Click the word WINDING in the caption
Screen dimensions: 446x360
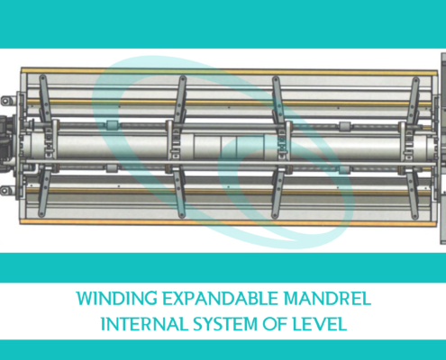tap(117, 299)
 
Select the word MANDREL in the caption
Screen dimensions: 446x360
tap(327, 299)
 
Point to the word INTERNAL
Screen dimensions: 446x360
tap(144, 324)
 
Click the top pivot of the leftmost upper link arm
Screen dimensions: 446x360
tap(42, 78)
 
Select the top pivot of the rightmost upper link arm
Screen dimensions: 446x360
tap(415, 80)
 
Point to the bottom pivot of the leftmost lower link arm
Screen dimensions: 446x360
tap(41, 214)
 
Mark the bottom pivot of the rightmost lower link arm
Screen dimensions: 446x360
tap(415, 216)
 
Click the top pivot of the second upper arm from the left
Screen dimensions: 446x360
tap(182, 79)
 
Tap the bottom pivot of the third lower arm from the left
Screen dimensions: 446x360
tap(275, 215)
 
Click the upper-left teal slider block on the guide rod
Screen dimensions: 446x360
tap(113, 125)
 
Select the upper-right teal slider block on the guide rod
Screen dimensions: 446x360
tap(345, 125)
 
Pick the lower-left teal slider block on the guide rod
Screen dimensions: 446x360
tap(112, 168)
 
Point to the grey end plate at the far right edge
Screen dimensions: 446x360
tap(443, 148)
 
